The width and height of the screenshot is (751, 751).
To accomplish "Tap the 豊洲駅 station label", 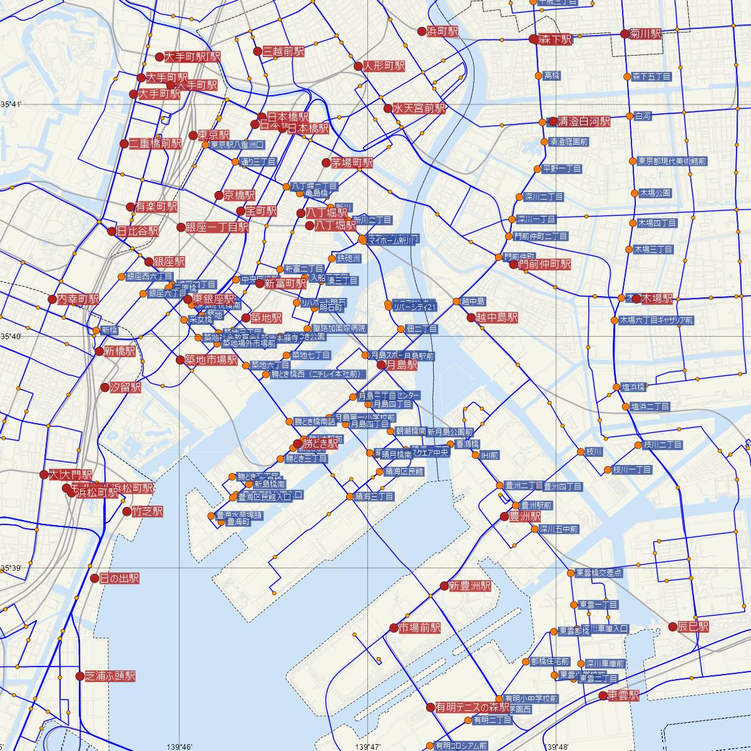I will coord(524,517).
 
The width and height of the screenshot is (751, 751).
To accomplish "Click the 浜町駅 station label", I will coord(442,31).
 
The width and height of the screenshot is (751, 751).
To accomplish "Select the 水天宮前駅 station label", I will coord(419,108).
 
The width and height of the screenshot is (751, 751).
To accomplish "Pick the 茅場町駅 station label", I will coord(352,163).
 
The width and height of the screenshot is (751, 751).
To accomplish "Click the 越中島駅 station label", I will coord(496,318).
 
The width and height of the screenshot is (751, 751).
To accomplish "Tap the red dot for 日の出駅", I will coord(94,578).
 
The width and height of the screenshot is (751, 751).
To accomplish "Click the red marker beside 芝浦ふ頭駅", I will coord(79,676).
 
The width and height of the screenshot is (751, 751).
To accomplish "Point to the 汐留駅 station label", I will coord(125,387).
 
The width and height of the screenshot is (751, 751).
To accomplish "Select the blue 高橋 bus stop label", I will coord(551,76).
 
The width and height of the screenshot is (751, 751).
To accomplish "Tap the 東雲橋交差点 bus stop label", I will coord(599,573).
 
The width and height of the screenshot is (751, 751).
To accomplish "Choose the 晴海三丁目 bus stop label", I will coord(374,497).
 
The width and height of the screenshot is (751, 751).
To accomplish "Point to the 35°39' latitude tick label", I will coord(11,568).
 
